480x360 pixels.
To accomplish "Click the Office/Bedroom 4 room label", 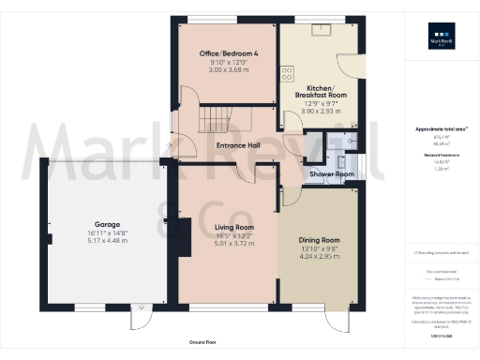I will [222, 53].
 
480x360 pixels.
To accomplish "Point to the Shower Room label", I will [332, 174].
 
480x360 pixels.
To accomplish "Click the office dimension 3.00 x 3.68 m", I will [222, 70].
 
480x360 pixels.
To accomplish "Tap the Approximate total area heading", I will [441, 128].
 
